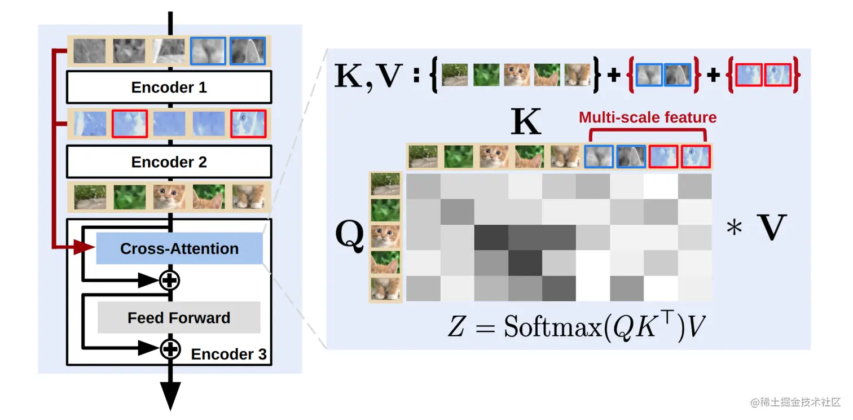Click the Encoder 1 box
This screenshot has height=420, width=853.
(169, 88)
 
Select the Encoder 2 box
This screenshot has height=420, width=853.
(169, 162)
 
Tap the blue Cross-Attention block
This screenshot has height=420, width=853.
(179, 249)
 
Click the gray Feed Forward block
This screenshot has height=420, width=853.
(179, 318)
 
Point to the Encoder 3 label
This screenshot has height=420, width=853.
(228, 355)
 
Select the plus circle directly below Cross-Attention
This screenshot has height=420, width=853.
(169, 279)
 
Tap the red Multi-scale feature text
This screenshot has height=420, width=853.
(648, 117)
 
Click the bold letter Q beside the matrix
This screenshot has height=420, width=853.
(350, 237)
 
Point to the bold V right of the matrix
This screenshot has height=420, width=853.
(771, 229)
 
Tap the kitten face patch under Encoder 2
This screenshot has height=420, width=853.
(169, 197)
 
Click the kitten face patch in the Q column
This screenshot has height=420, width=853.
(386, 237)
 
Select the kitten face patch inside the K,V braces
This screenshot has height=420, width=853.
(516, 75)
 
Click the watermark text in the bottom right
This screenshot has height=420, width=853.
(795, 402)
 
